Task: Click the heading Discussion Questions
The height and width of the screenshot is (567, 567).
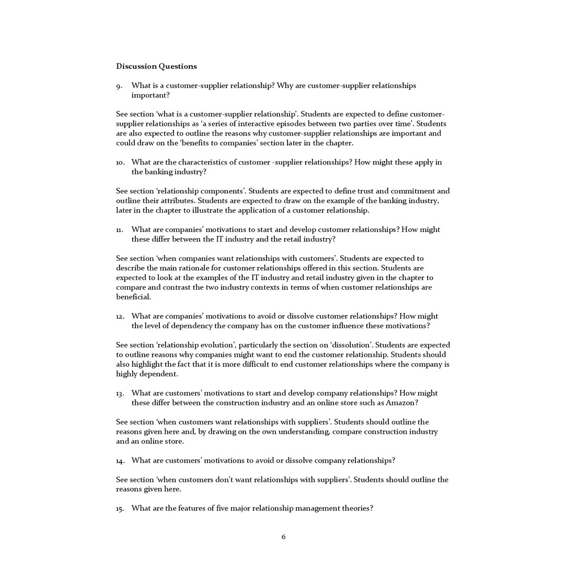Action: [156, 66]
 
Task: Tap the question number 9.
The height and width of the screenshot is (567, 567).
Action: [119, 86]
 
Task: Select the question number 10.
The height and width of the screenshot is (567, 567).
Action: [120, 163]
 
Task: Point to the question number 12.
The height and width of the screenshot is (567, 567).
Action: [120, 316]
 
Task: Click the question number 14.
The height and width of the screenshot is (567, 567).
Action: [120, 460]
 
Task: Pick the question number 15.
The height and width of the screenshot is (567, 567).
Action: [120, 509]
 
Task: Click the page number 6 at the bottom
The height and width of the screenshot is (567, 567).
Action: [283, 537]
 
